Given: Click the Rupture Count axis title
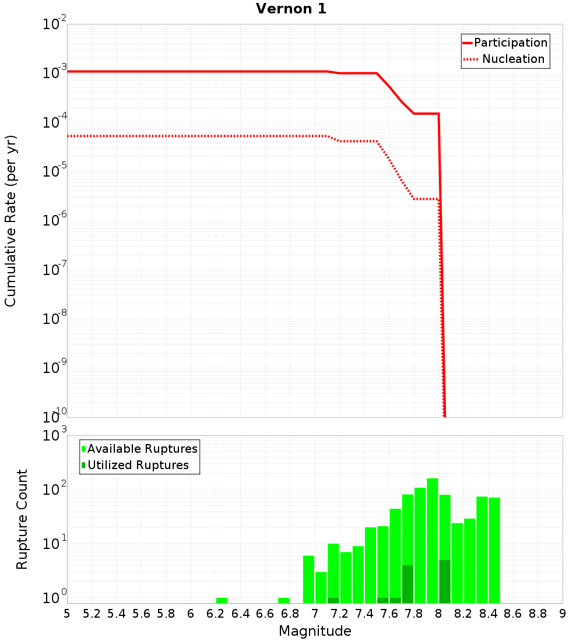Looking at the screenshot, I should click(x=22, y=519).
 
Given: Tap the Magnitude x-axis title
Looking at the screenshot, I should click(x=315, y=631).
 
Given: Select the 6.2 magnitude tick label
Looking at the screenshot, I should click(x=216, y=614).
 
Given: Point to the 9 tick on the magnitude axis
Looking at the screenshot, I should click(x=563, y=614).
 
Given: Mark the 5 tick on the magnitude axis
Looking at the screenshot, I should click(x=67, y=614).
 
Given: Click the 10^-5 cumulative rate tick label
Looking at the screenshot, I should click(x=55, y=172).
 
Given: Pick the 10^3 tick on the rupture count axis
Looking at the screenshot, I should click(x=55, y=436).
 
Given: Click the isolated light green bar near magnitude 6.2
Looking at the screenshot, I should click(x=222, y=600).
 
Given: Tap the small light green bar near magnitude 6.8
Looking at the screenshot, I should click(x=284, y=600).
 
